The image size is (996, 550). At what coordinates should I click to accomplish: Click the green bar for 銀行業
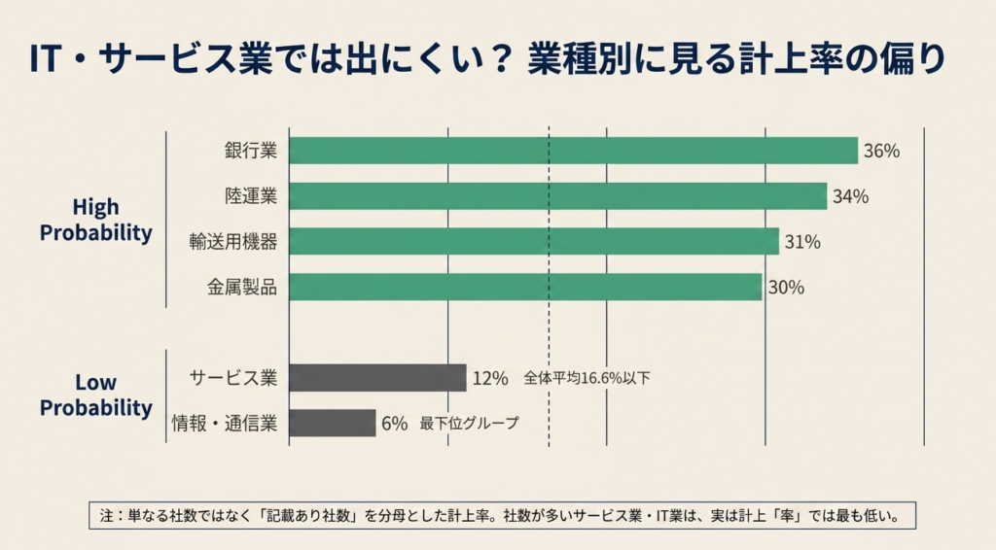tap(574, 151)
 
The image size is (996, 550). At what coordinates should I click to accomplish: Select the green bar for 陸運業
tap(558, 196)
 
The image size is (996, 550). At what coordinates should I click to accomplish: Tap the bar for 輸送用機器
tap(534, 242)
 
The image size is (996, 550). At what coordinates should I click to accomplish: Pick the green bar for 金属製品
tap(526, 287)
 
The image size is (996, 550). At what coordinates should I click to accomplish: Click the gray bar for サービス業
tap(378, 378)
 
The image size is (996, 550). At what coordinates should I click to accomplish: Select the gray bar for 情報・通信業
tap(333, 423)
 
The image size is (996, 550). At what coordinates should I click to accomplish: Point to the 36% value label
tap(881, 151)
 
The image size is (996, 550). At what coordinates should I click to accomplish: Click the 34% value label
tap(850, 196)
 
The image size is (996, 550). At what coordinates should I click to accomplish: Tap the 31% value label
tap(802, 242)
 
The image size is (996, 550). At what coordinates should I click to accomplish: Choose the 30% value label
tap(786, 288)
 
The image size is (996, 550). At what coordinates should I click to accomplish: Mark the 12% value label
tap(490, 379)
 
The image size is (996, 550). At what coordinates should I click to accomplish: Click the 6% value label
tap(395, 424)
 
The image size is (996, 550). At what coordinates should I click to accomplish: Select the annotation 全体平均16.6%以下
tap(587, 378)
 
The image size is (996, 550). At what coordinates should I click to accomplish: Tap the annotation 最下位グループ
tap(470, 423)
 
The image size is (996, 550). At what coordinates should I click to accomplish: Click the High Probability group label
tap(96, 221)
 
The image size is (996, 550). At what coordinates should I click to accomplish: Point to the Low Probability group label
tap(96, 395)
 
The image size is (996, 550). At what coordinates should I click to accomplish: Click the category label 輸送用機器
tap(233, 242)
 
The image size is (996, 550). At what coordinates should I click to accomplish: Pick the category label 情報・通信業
tap(225, 423)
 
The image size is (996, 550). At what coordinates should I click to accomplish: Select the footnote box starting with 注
tap(503, 516)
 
